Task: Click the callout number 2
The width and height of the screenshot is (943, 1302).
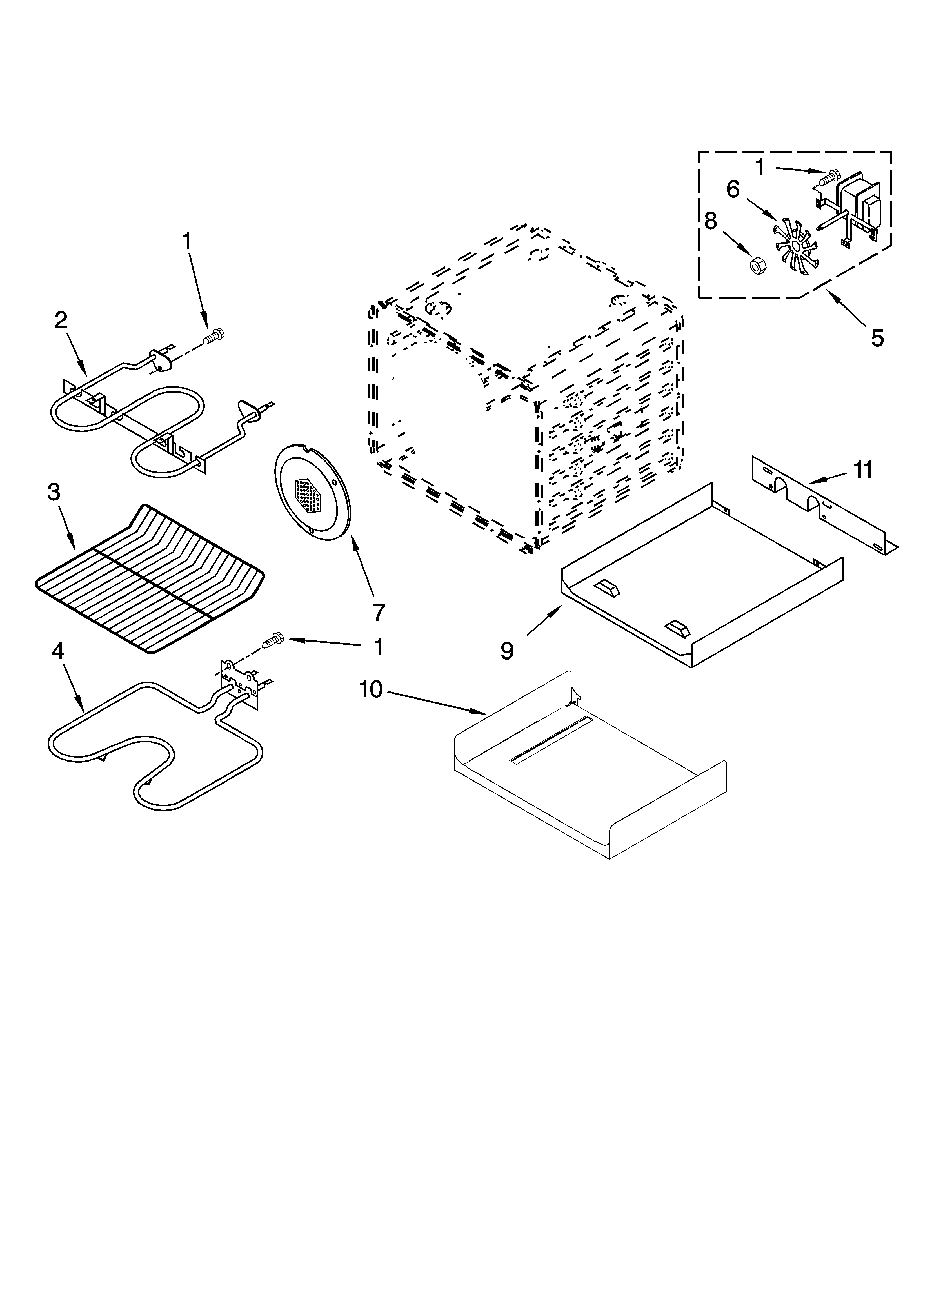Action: [61, 320]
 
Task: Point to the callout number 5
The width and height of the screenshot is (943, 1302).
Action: [877, 338]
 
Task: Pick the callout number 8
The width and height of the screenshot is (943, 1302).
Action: [710, 221]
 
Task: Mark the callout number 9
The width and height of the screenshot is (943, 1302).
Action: [506, 650]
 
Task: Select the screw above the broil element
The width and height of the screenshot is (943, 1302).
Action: [216, 336]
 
